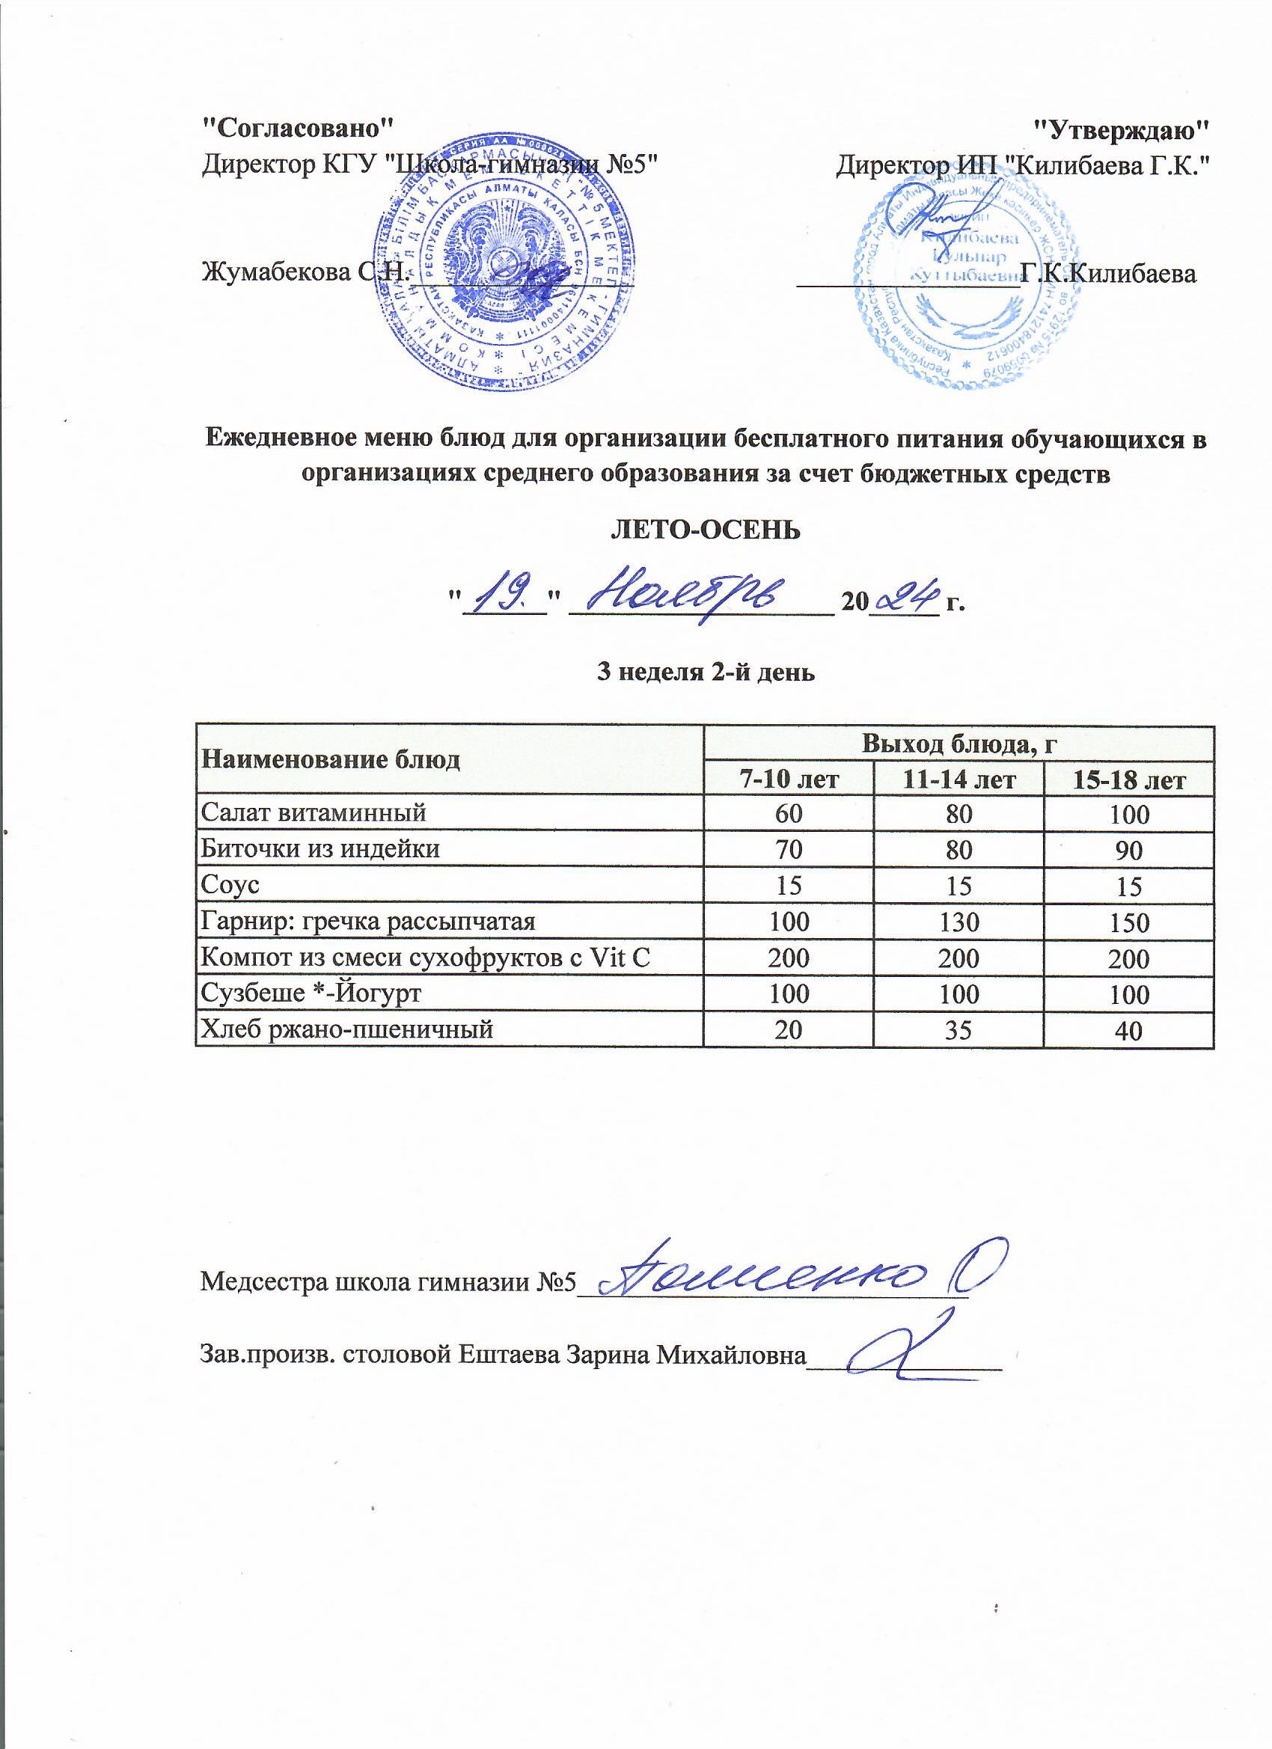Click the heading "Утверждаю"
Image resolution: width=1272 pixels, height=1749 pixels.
(1120, 127)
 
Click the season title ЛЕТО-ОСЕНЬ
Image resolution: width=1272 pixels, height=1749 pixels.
(706, 530)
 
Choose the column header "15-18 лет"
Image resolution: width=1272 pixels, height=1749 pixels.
(1128, 780)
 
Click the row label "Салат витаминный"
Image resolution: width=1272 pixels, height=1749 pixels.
(314, 812)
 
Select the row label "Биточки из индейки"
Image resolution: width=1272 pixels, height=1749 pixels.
(320, 848)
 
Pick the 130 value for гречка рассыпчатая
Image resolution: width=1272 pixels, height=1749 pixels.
(959, 922)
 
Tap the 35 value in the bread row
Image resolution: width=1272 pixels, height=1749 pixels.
(959, 1030)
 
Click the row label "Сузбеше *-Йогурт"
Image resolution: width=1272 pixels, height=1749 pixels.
(311, 993)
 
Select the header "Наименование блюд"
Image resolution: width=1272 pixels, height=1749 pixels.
(330, 759)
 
